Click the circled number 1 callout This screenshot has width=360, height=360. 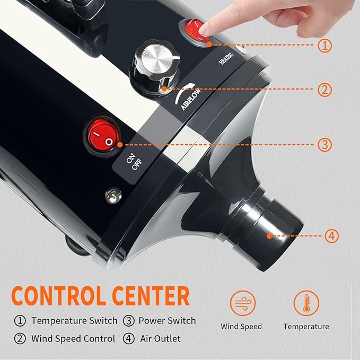tap(325, 46)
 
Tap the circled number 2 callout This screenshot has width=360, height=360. tap(325, 90)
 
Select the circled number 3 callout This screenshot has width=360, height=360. tap(325, 144)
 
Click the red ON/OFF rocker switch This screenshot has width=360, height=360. tap(102, 136)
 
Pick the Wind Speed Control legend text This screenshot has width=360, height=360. tap(73, 338)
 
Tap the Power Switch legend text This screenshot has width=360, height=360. tap(167, 321)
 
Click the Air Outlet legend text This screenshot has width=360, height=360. tap(161, 338)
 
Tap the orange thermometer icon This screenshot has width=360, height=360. tap(306, 304)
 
